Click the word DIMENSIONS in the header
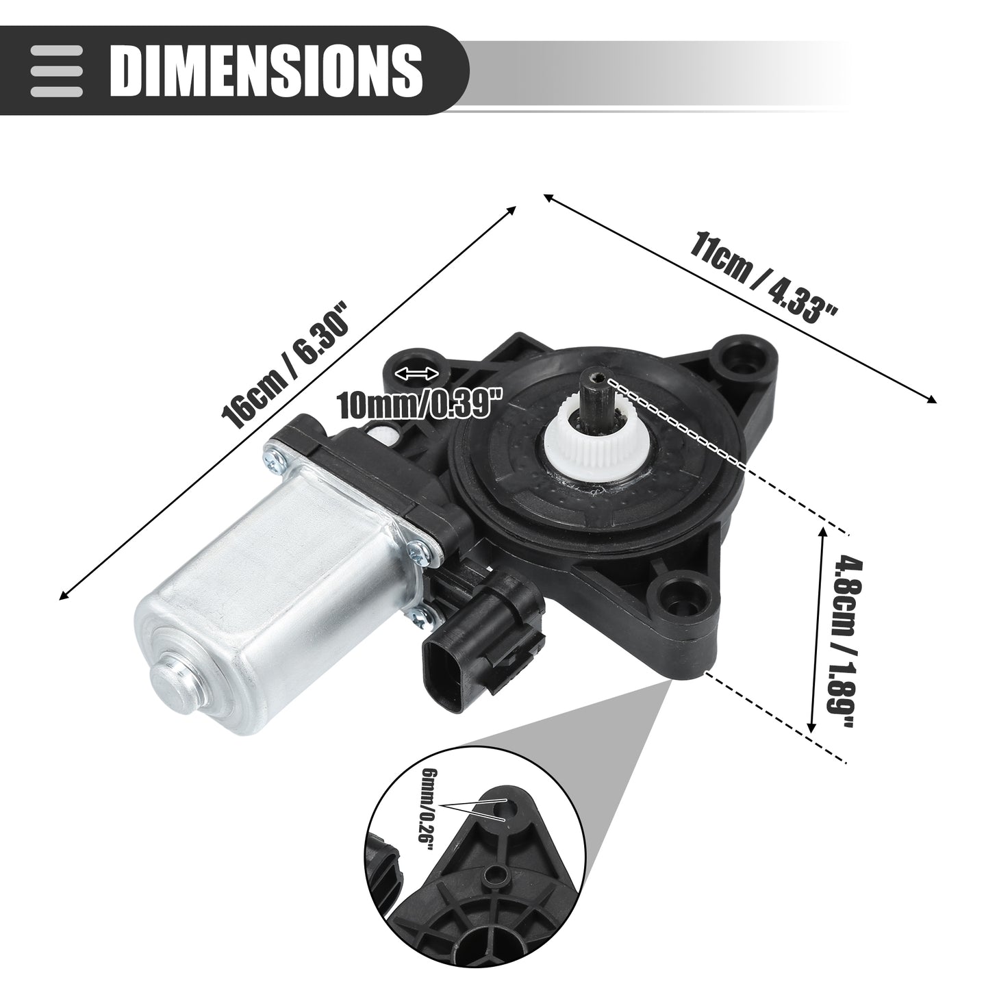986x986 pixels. pyautogui.click(x=266, y=70)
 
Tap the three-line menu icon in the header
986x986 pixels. pyautogui.click(x=56, y=71)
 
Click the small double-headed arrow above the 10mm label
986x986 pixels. pyautogui.click(x=418, y=374)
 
